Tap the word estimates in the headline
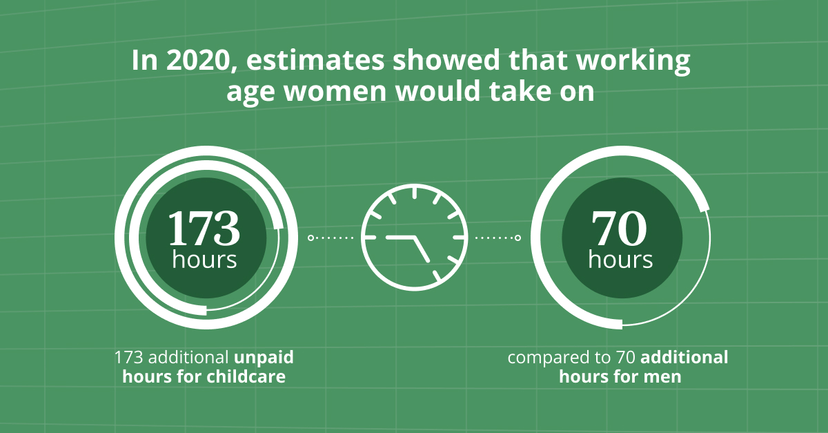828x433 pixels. pyautogui.click(x=315, y=60)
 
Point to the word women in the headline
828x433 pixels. pyautogui.click(x=335, y=91)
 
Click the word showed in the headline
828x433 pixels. pyautogui.click(x=446, y=59)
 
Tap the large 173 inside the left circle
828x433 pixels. pyautogui.click(x=204, y=229)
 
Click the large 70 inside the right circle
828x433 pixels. pyautogui.click(x=619, y=229)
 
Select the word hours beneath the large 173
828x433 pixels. pyautogui.click(x=204, y=259)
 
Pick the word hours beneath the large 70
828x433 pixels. pyautogui.click(x=620, y=259)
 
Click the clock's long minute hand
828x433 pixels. pyautogui.click(x=422, y=249)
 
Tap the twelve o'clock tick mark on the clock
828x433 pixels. pyautogui.click(x=415, y=193)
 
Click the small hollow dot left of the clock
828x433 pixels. pyautogui.click(x=311, y=238)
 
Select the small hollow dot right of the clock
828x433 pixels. pyautogui.click(x=518, y=238)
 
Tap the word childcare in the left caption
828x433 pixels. pyautogui.click(x=246, y=377)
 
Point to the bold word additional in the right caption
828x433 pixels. pyautogui.click(x=684, y=358)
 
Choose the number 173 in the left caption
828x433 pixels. pyautogui.click(x=128, y=358)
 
